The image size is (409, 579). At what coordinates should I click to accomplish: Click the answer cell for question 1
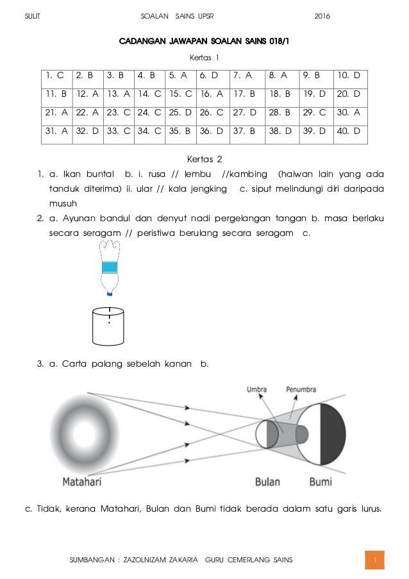pyautogui.click(x=56, y=76)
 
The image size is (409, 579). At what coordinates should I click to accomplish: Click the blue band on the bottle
pyautogui.click(x=110, y=266)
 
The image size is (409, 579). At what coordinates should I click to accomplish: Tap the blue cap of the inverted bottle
pyautogui.click(x=110, y=294)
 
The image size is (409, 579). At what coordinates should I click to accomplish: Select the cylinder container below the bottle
pyautogui.click(x=108, y=326)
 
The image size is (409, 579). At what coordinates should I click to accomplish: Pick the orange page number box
pyautogui.click(x=374, y=560)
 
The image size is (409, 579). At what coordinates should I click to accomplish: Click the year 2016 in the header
pyautogui.click(x=322, y=15)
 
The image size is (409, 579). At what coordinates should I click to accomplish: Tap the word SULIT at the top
pyautogui.click(x=31, y=15)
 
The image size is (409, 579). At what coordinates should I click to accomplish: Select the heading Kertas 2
pyautogui.click(x=204, y=158)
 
